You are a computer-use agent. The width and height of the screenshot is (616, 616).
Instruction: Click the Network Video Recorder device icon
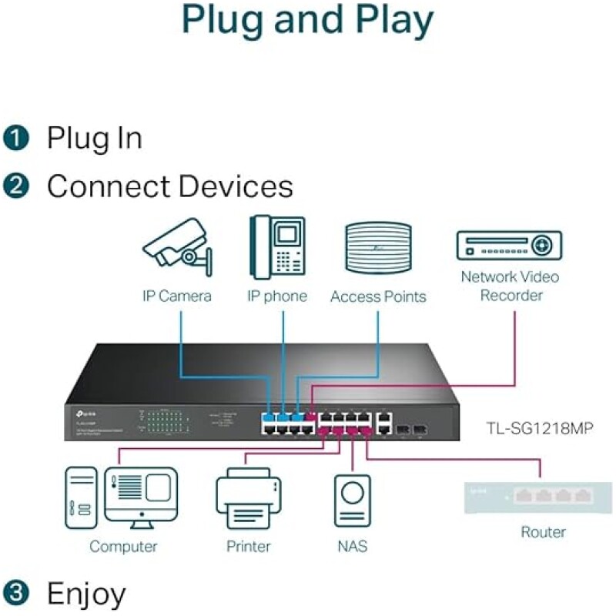pos(509,246)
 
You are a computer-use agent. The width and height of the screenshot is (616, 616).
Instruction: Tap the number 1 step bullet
pos(15,139)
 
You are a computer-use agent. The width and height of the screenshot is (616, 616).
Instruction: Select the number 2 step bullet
pos(15,187)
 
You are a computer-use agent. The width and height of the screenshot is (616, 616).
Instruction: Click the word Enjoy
pos(86,594)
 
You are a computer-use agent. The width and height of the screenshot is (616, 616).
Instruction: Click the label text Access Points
pos(378,296)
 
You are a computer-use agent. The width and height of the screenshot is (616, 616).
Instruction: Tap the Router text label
pos(543,532)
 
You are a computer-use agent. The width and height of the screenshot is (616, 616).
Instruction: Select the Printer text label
pos(248,547)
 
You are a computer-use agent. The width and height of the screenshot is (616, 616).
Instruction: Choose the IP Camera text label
pos(176,296)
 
